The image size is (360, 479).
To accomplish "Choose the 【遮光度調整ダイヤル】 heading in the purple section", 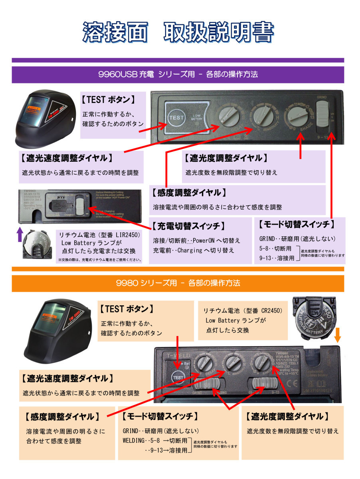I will tap(225, 158).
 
